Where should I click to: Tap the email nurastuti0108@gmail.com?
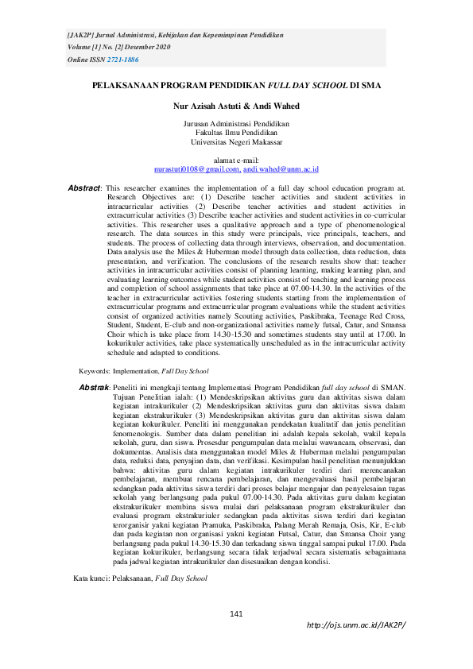pos(196,169)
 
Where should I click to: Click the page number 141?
pos(236,613)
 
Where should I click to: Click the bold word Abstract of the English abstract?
pos(84,188)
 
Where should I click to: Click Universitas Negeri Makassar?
pos(236,141)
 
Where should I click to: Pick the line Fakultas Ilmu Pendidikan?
pos(236,133)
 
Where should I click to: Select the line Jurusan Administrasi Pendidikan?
pos(236,124)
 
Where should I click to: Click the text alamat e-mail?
pos(236,160)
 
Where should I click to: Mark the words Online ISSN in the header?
pos(86,60)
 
